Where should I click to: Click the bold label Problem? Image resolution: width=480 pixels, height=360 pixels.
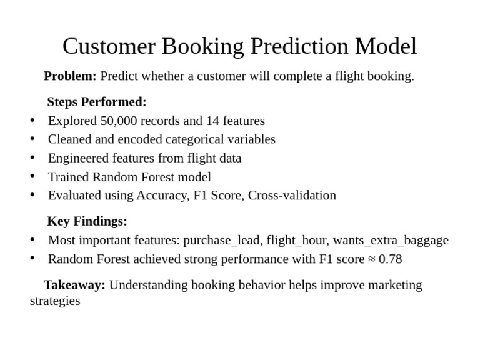[70, 76]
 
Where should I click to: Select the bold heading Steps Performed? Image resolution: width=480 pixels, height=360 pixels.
[97, 102]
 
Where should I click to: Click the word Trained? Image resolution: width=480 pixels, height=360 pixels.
[67, 177]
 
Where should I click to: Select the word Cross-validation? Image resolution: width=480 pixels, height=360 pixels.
[292, 195]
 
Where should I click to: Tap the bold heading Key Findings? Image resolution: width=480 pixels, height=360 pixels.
[87, 221]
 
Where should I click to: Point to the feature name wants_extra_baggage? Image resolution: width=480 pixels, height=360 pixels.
[391, 240]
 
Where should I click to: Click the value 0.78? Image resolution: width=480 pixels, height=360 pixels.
[390, 259]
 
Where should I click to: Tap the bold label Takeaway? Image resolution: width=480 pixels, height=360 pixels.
[74, 285]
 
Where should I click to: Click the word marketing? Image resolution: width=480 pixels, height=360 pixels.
[395, 285]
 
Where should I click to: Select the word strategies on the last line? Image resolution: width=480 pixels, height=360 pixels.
[55, 301]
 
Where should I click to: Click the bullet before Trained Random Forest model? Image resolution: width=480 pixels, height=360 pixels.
[32, 177]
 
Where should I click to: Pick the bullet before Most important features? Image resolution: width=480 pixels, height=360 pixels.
[32, 240]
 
